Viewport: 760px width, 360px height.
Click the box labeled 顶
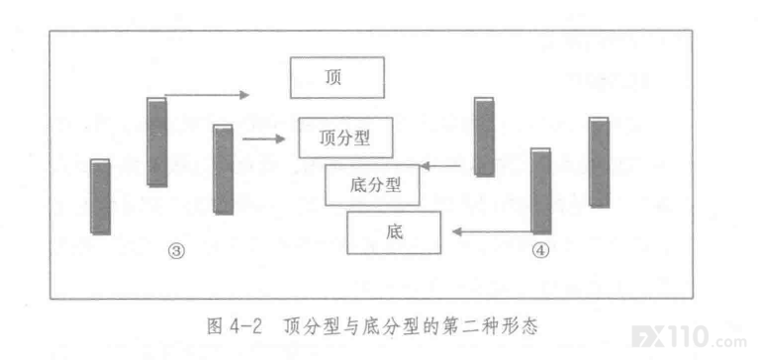point(337,77)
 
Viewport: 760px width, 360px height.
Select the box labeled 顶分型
point(345,137)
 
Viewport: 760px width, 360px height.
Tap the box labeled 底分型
point(372,185)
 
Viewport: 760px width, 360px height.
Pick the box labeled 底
point(394,232)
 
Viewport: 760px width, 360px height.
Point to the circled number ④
point(540,250)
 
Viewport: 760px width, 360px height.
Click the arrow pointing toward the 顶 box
point(207,95)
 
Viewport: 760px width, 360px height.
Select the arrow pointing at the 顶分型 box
point(263,139)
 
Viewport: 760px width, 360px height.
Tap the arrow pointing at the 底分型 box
point(440,166)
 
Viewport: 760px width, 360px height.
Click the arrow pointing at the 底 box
point(492,232)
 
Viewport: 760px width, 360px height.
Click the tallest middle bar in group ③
point(157,141)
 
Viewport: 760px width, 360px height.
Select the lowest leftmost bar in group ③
point(100,197)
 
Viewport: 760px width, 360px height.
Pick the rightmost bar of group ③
point(223,169)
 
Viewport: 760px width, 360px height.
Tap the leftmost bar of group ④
point(485,136)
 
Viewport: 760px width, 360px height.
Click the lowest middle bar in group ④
point(541,191)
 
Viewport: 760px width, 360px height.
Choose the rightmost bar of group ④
point(599,162)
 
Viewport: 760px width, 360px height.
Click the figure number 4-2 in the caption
point(244,326)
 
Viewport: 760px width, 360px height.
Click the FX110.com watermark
point(689,336)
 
